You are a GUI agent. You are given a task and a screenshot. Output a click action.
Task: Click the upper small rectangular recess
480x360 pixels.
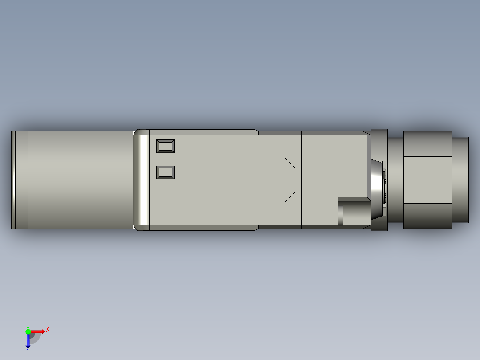point(165,146)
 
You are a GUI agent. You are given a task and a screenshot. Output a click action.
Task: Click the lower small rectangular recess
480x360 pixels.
point(165,172)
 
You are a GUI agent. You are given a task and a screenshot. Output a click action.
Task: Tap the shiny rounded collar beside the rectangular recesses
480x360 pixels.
point(141,180)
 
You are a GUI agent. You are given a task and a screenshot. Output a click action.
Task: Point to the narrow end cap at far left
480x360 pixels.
point(13,180)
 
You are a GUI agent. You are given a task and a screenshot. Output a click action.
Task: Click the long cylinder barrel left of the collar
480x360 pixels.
point(80,180)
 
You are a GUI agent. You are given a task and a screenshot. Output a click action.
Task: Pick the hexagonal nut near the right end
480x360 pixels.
point(427,180)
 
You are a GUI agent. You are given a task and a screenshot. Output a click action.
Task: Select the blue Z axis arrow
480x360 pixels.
point(28,340)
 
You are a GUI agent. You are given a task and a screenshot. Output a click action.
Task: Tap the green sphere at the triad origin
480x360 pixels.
point(28,331)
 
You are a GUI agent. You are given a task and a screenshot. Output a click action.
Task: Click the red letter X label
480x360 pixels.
point(48,330)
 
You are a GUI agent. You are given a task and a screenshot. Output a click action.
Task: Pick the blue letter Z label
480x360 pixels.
point(28,349)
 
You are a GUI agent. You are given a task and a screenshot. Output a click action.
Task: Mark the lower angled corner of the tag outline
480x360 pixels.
point(289,199)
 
